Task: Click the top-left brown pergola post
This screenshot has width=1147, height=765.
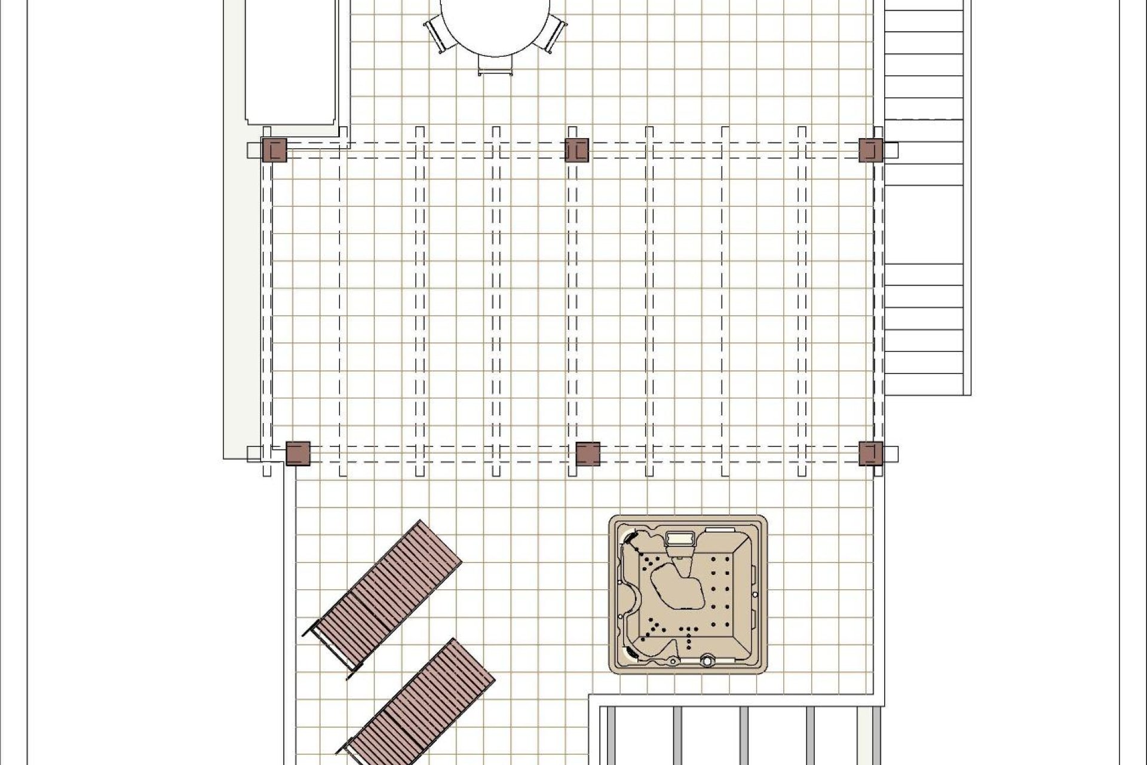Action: [x=275, y=150]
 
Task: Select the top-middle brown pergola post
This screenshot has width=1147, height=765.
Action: [x=577, y=150]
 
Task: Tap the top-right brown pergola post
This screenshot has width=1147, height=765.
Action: [x=871, y=150]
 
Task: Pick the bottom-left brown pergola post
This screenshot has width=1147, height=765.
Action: [x=298, y=453]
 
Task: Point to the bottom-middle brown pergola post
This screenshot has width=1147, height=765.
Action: [x=588, y=453]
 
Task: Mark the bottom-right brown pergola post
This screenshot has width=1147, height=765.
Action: [x=871, y=453]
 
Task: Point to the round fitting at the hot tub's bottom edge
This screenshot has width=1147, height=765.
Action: [x=708, y=661]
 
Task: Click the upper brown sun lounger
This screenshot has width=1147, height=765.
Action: [x=385, y=598]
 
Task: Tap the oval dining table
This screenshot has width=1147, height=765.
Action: [x=495, y=27]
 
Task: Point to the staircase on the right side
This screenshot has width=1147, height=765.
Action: [x=926, y=197]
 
